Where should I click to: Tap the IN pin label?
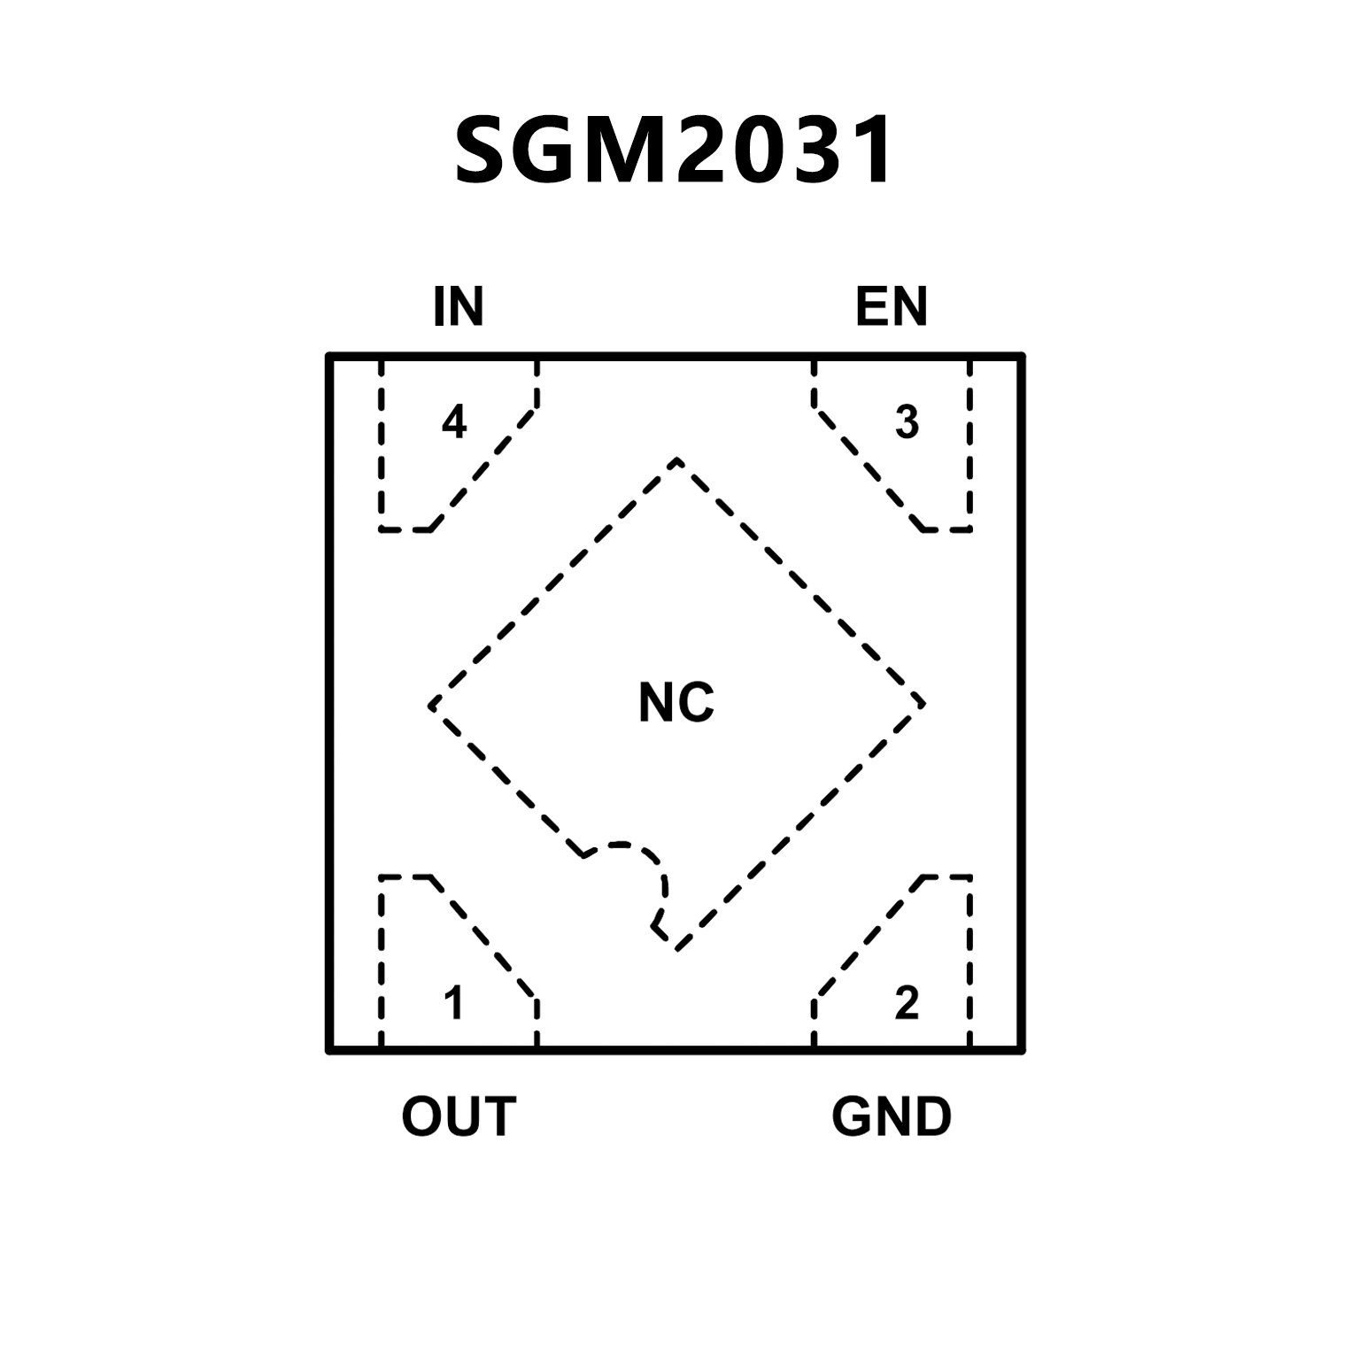pyautogui.click(x=459, y=306)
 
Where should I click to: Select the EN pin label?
pyautogui.click(x=891, y=306)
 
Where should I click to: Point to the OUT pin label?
pyautogui.click(x=459, y=1116)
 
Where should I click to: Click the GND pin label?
pyautogui.click(x=892, y=1116)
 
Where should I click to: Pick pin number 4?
pyautogui.click(x=454, y=422)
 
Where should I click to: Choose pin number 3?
pyautogui.click(x=907, y=422)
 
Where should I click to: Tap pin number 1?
pyautogui.click(x=454, y=1003)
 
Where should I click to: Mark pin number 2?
pyautogui.click(x=907, y=1003)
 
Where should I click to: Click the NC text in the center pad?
pyautogui.click(x=676, y=703)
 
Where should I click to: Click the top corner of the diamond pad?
pyautogui.click(x=677, y=459)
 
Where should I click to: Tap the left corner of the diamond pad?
pyautogui.click(x=430, y=706)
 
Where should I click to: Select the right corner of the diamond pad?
pyautogui.click(x=923, y=704)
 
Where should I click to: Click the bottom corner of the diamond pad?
pyautogui.click(x=677, y=949)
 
